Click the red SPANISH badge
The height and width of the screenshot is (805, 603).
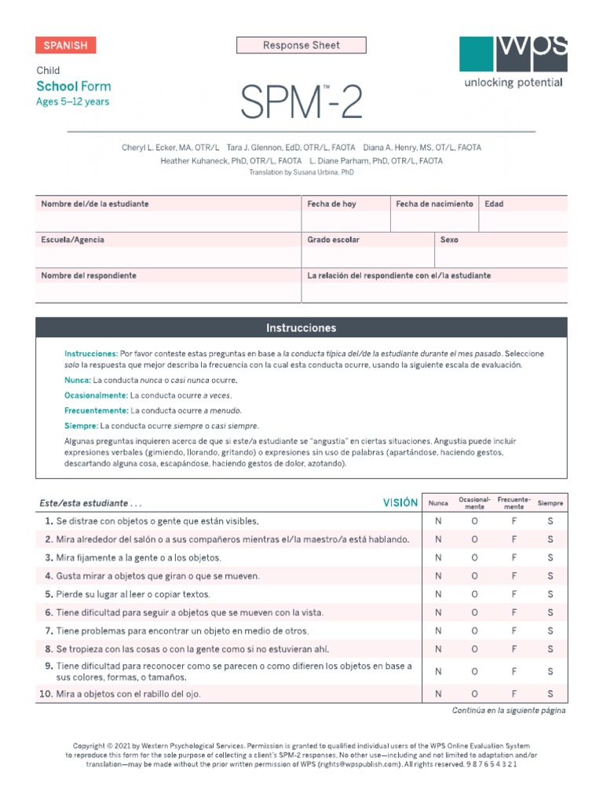(65, 46)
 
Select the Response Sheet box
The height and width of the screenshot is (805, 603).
(301, 46)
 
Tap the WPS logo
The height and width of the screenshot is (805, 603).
(513, 54)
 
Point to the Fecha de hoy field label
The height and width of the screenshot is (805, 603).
(331, 204)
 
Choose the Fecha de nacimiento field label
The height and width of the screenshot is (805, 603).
(434, 204)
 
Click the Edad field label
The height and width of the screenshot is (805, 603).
(494, 204)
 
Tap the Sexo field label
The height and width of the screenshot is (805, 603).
(449, 240)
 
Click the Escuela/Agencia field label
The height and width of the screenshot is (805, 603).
(72, 240)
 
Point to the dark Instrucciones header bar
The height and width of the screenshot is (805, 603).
(301, 328)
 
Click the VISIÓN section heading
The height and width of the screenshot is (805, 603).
(400, 503)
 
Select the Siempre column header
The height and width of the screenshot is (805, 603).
(550, 503)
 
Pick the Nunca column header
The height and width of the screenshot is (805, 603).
(438, 503)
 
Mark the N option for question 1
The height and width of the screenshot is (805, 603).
(438, 521)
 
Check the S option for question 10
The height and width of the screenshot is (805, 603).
(550, 693)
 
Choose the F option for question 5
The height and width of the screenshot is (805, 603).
(513, 594)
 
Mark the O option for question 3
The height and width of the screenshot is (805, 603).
(474, 557)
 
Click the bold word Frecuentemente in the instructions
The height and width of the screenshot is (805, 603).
(96, 410)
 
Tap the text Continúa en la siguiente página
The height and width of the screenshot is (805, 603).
(509, 711)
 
